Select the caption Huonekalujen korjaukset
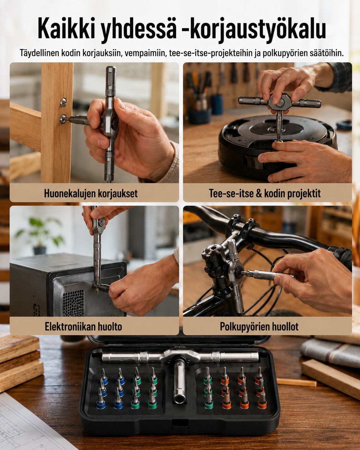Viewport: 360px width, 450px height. pos(91,194)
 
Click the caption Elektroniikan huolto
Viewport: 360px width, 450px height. pos(83,326)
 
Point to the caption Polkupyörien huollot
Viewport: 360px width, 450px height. pos(259,327)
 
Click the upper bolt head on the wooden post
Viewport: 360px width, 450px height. pos(63,102)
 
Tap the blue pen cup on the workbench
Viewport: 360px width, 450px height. pos(218,104)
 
